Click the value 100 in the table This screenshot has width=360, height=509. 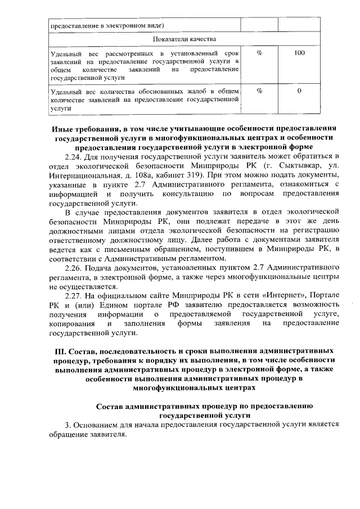pyautogui.click(x=299, y=53)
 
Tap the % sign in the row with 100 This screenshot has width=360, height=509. pyautogui.click(x=259, y=53)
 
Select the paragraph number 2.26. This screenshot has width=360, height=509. pyautogui.click(x=74, y=267)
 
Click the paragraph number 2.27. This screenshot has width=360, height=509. pyautogui.click(x=74, y=295)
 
